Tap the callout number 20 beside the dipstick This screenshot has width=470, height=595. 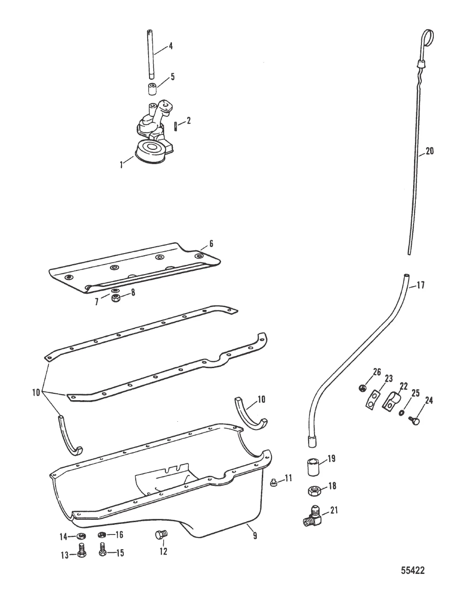[429, 151]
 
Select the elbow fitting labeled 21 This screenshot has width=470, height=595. [313, 517]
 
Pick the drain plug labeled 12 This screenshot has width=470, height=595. [160, 534]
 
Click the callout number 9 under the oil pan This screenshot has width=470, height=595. [255, 534]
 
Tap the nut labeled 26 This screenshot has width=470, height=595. [362, 388]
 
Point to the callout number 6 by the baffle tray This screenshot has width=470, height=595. [211, 244]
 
